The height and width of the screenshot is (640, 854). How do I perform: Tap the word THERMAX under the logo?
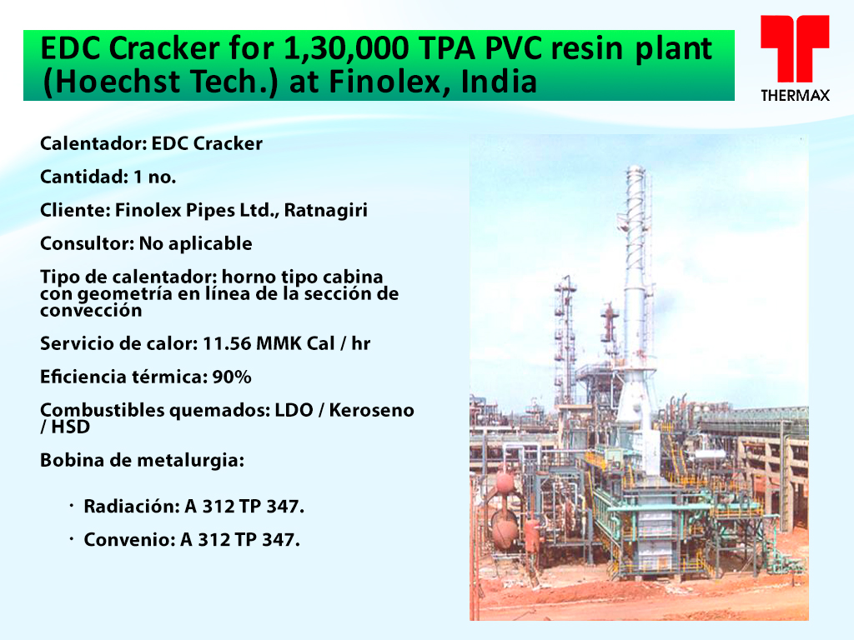coord(795,96)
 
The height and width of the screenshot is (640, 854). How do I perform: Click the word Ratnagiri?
coord(326,211)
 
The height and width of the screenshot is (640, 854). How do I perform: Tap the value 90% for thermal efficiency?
coord(232,377)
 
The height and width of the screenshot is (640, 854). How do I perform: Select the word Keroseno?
coord(371,410)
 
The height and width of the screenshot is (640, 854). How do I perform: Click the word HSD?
coord(71,427)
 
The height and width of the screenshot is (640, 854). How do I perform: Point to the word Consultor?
coord(86,244)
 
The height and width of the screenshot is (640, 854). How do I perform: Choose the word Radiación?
coord(131,507)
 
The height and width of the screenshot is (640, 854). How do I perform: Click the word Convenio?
coord(129,540)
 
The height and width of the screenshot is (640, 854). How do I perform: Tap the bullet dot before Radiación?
coord(72,507)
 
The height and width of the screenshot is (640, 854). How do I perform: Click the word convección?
coord(91,311)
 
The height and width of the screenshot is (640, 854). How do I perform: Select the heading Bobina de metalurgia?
coord(142,461)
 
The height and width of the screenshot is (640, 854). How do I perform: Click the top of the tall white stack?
coord(635,168)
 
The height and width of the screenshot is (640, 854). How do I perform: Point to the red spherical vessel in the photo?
coord(505,482)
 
